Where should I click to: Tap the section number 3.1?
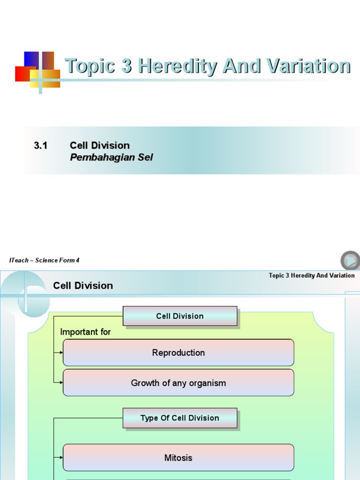tap(41, 145)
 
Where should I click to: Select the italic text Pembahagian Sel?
tap(112, 157)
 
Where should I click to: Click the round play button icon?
tap(350, 261)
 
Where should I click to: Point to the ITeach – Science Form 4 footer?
tap(44, 260)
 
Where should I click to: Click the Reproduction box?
tap(178, 352)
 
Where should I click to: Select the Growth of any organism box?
tap(178, 383)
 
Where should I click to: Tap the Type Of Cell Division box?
tap(180, 418)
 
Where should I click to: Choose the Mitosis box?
tap(178, 457)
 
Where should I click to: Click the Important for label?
tap(85, 332)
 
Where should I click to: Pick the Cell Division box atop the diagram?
tap(180, 316)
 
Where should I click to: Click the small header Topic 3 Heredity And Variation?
tap(311, 275)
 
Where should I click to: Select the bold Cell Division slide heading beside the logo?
tap(83, 285)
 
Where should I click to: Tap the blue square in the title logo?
tap(31, 60)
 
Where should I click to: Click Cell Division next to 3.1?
tap(99, 145)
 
